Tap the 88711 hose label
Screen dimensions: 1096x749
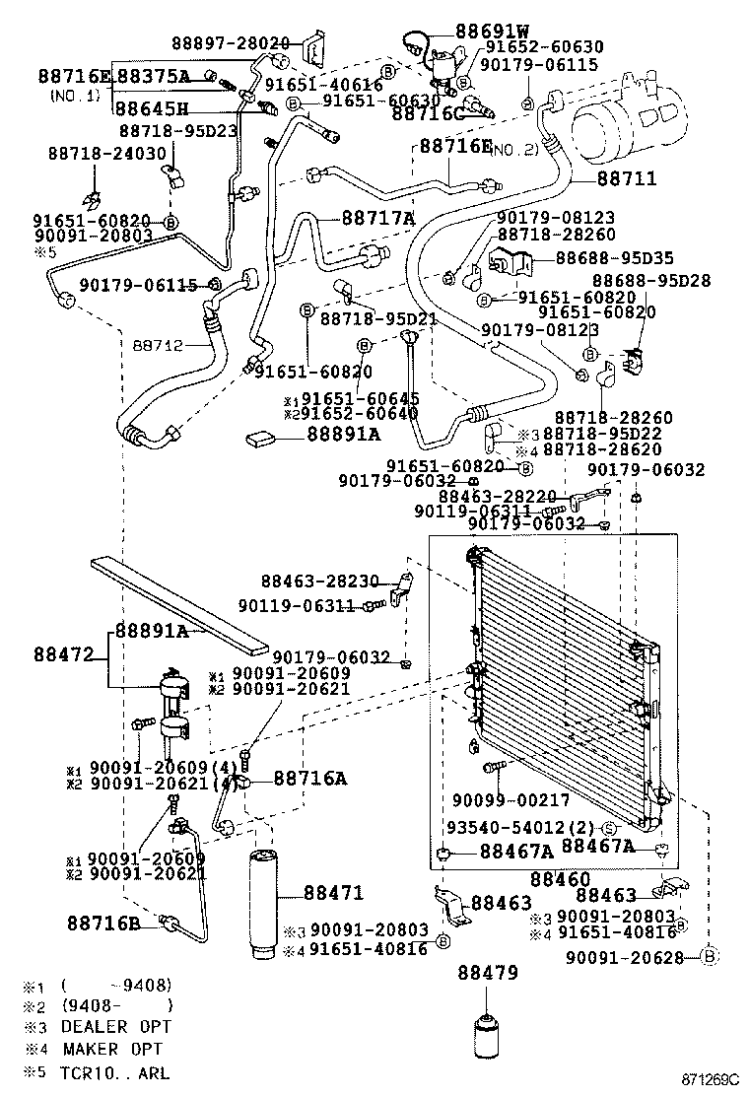(x=626, y=180)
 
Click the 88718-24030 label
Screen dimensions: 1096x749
(x=106, y=154)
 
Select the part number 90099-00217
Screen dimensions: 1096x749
(x=512, y=800)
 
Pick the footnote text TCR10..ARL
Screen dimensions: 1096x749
(x=111, y=1071)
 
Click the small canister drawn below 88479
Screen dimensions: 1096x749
(x=488, y=1034)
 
